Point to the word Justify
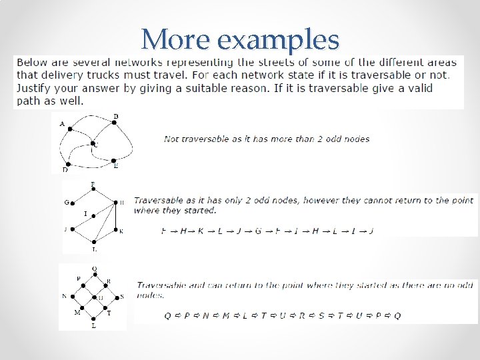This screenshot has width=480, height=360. (x=35, y=88)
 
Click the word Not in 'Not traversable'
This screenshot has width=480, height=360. (x=171, y=139)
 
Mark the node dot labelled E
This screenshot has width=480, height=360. (x=114, y=160)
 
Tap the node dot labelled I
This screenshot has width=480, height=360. (x=94, y=215)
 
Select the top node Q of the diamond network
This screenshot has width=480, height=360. (x=94, y=274)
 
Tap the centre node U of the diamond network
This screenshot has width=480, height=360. (x=94, y=297)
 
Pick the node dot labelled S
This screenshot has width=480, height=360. (x=115, y=297)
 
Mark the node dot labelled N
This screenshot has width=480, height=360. (x=73, y=297)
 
